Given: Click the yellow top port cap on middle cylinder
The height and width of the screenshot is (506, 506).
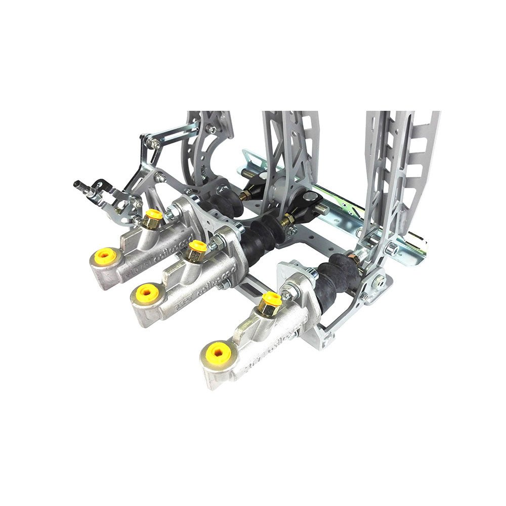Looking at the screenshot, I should pos(197,248).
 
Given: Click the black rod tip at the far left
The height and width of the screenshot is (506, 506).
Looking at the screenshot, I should pos(81,184).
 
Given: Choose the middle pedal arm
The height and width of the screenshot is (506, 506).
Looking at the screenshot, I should pos(288,147).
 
